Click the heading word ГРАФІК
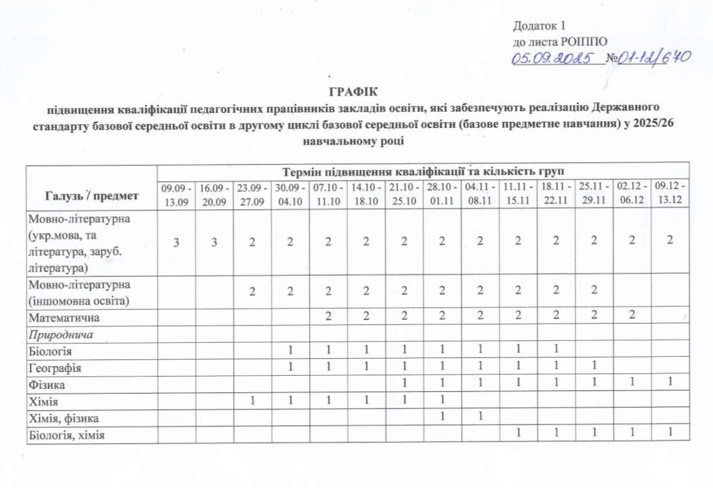click(356, 90)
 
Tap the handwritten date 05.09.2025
click(556, 59)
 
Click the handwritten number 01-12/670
click(655, 58)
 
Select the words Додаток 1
click(538, 27)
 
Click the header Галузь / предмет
click(92, 195)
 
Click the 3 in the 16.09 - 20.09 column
click(214, 241)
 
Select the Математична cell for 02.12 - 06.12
click(632, 316)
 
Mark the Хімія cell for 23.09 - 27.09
click(252, 401)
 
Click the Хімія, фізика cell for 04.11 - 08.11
click(480, 418)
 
